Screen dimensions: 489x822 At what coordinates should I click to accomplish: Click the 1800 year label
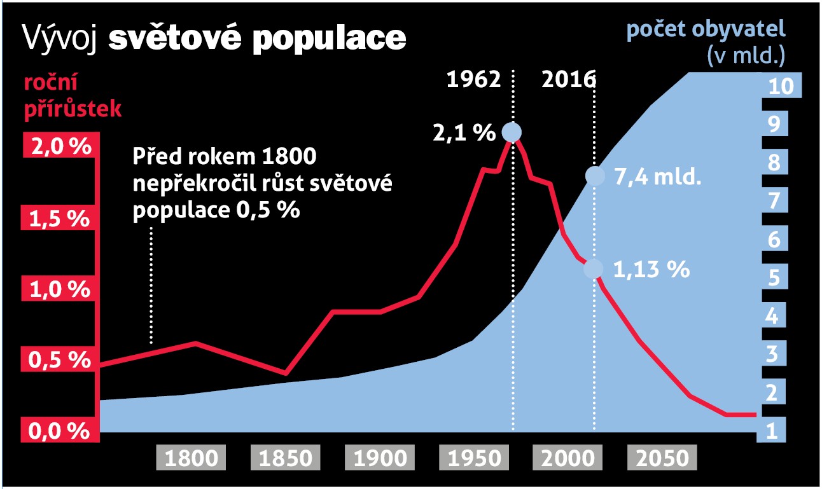(191, 458)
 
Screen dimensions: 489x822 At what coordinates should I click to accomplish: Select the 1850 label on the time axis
(286, 458)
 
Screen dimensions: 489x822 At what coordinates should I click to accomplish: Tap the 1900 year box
(380, 458)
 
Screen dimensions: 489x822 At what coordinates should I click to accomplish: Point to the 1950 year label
(475, 458)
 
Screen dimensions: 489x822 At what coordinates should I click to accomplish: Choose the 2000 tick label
(569, 458)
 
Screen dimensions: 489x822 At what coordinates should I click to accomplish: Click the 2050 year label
(662, 458)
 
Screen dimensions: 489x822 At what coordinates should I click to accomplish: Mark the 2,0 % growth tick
(59, 148)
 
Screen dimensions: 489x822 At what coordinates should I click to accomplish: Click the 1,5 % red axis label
(59, 219)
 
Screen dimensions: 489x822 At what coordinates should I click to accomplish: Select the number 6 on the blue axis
(774, 240)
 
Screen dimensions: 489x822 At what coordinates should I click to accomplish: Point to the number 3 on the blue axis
(774, 355)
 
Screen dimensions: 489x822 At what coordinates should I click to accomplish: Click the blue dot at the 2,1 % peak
(512, 132)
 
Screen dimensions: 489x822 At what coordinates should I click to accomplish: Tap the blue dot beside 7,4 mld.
(594, 177)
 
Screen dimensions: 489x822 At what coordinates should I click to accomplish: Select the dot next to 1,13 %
(593, 269)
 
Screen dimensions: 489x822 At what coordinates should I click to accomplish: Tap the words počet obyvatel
(706, 30)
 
